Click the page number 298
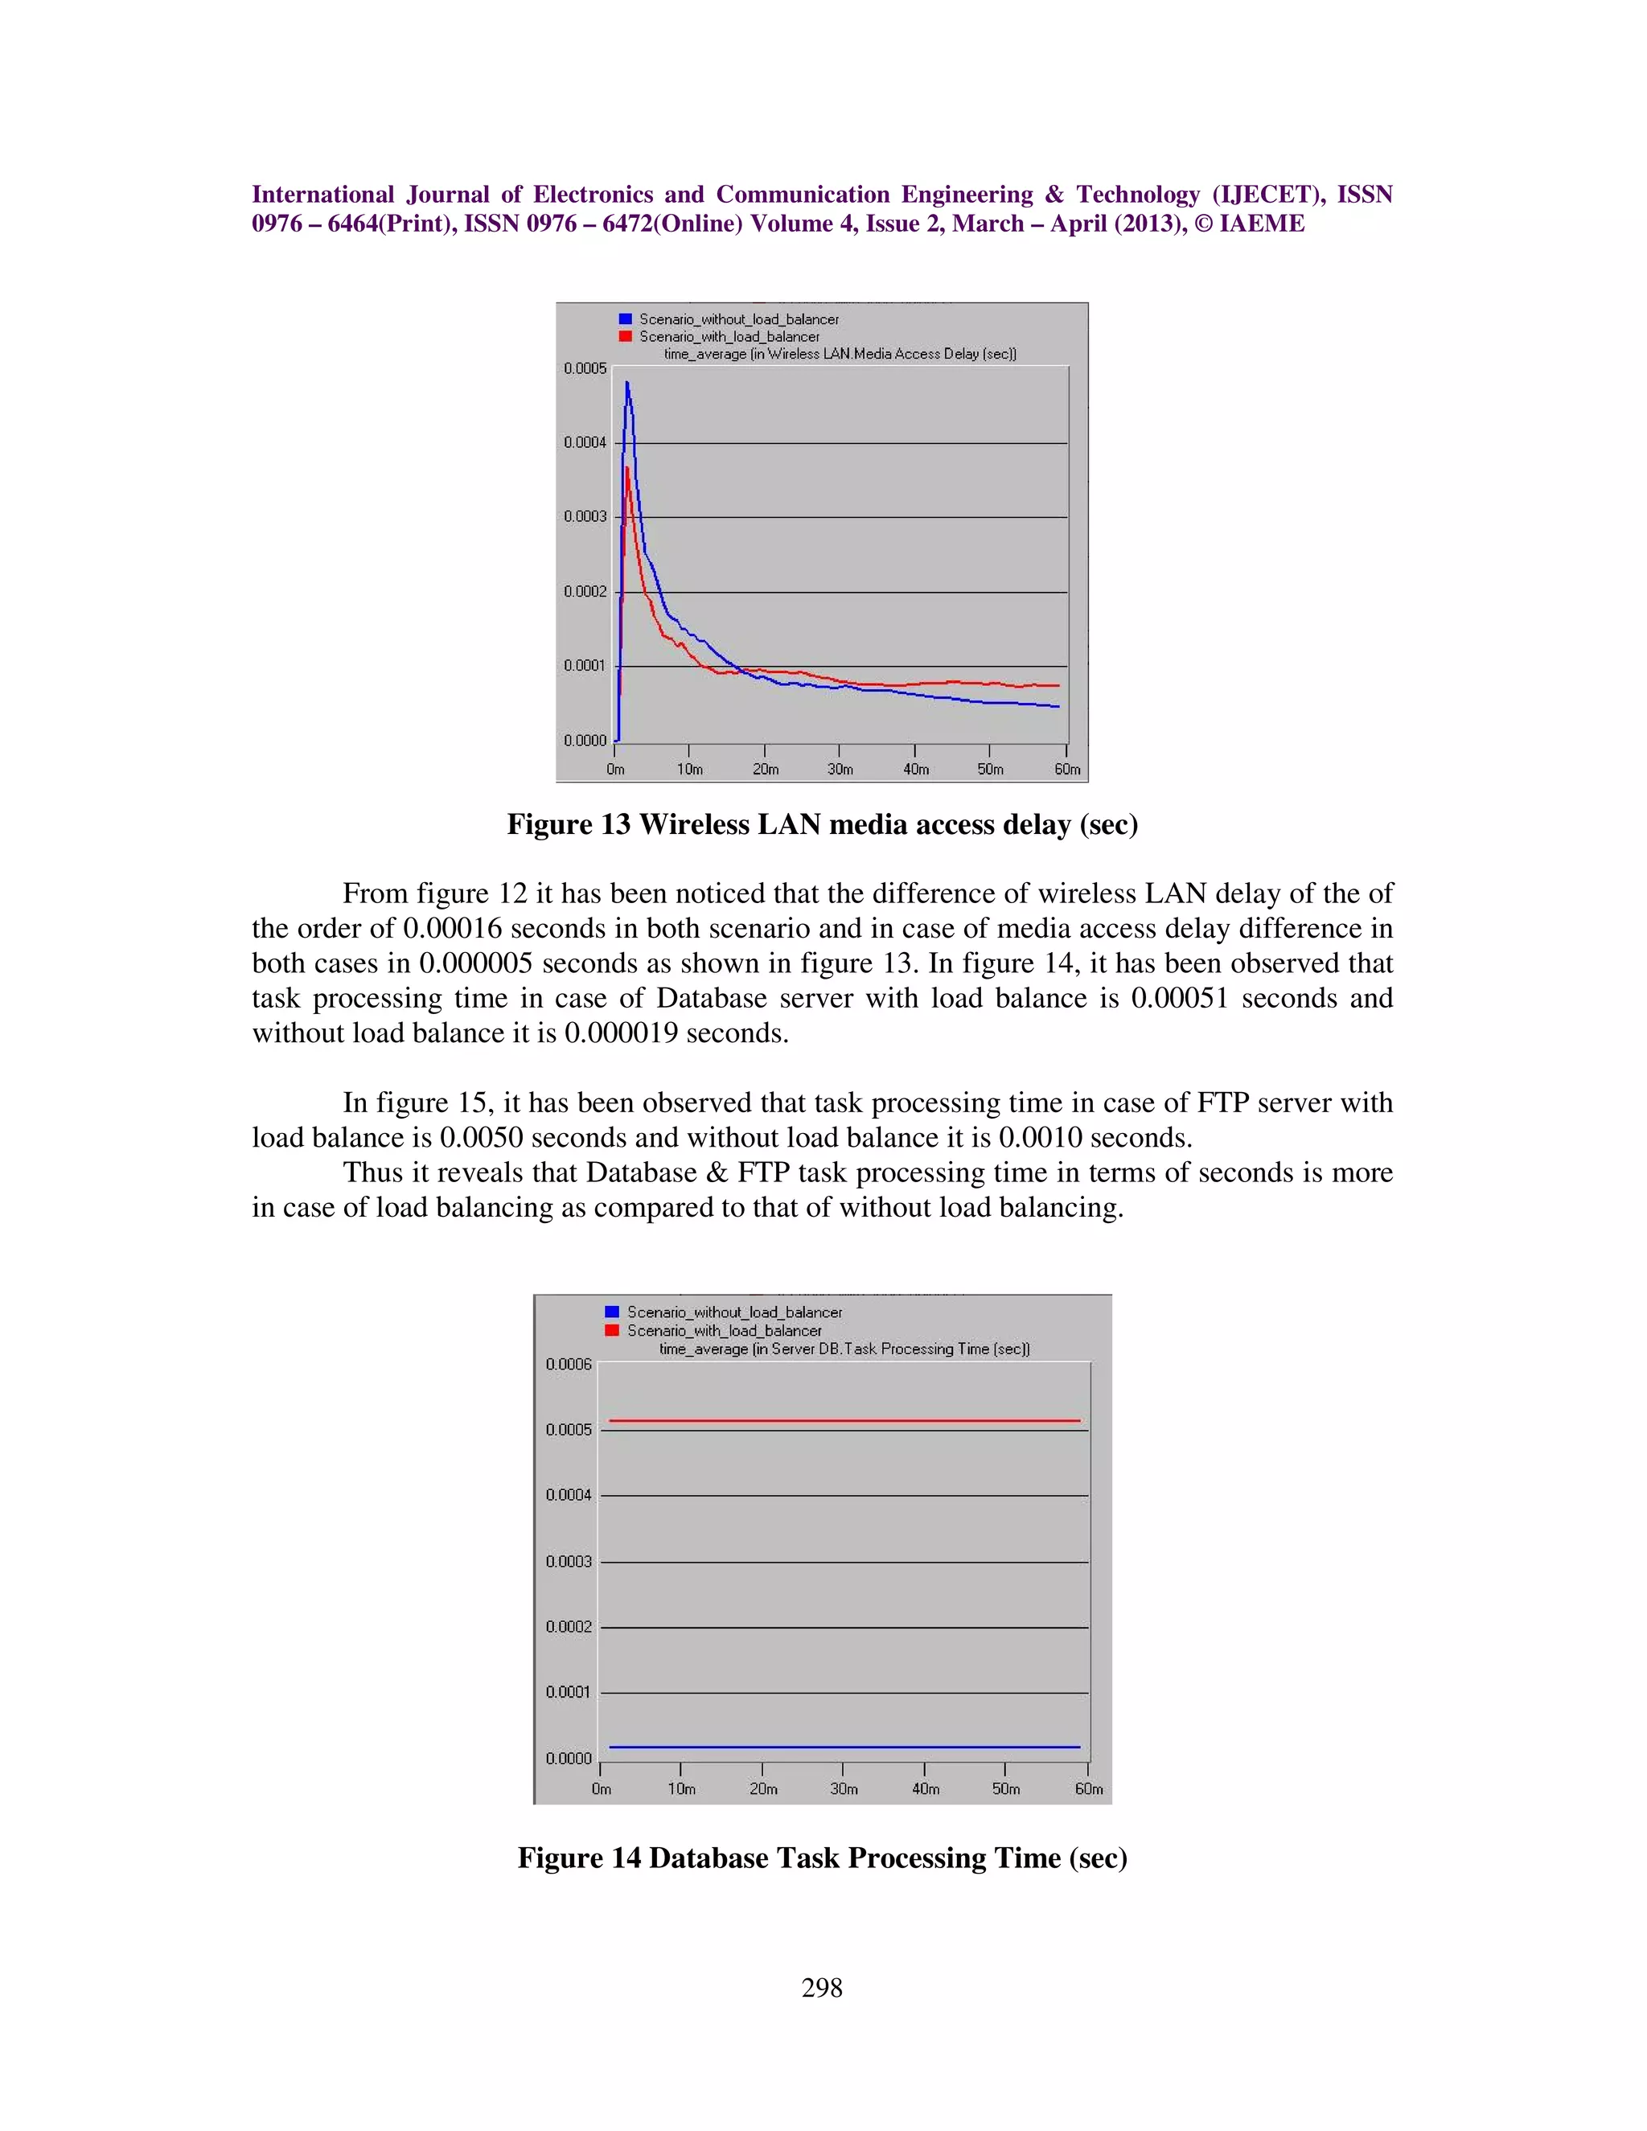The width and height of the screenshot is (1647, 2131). pos(822,1988)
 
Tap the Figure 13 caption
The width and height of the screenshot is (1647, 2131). pos(822,824)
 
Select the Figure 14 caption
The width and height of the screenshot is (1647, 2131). pos(822,1858)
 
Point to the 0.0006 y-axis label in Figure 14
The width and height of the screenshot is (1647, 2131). pos(568,1364)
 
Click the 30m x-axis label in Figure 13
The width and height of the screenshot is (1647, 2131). pos(840,770)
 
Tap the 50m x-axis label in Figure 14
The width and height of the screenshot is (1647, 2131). pos(1006,1789)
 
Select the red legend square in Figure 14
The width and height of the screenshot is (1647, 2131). pos(612,1331)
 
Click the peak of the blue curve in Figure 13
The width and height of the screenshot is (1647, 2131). pos(627,384)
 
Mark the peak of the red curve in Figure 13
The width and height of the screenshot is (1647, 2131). pos(626,468)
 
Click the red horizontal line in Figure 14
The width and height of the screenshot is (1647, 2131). pos(844,1421)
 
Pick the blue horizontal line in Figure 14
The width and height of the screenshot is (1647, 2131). pos(844,1747)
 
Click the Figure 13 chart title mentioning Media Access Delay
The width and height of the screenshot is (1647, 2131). pos(840,354)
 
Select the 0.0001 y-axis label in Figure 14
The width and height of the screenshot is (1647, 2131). pos(568,1692)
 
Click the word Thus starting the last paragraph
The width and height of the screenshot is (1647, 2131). pos(372,1172)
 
